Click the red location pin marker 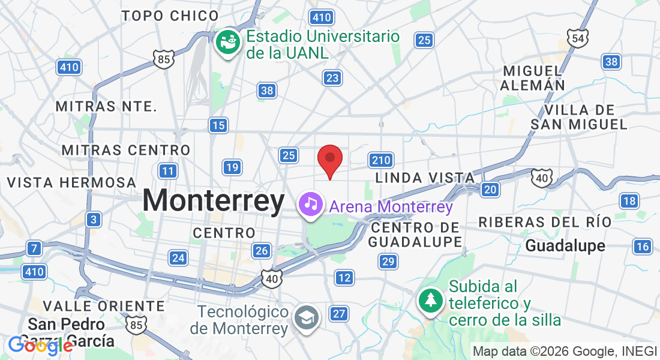[x=329, y=160]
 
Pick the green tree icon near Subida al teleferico [x=430, y=299]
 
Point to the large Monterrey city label [x=214, y=201]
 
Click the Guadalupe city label [x=565, y=246]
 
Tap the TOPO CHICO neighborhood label [x=170, y=16]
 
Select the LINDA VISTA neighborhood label [x=425, y=178]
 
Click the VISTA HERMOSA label [x=72, y=182]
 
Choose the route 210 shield [x=381, y=160]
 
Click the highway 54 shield [x=577, y=38]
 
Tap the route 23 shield [x=332, y=77]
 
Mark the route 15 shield [x=218, y=125]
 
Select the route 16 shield [x=642, y=246]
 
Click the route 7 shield [x=35, y=248]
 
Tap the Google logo [x=40, y=345]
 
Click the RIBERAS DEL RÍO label [x=545, y=222]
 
